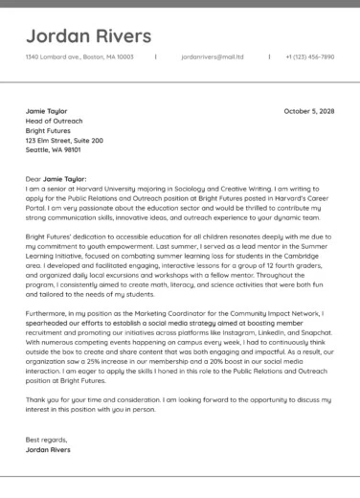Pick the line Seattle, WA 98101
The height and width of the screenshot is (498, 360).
coord(53,150)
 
